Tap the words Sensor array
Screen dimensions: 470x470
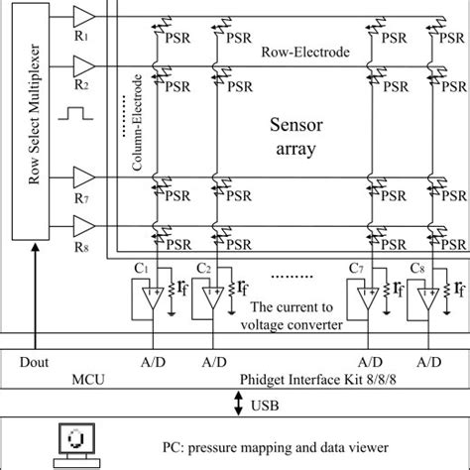(x=293, y=139)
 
